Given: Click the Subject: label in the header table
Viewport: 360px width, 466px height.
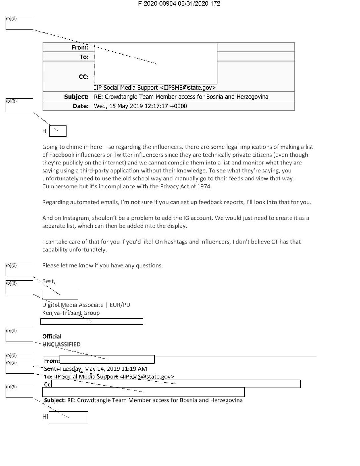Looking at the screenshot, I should tap(76, 97).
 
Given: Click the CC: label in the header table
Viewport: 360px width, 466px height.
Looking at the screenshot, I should tap(84, 77).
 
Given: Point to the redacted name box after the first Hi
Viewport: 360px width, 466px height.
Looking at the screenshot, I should tap(58, 131).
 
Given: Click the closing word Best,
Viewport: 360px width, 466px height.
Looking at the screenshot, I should tap(49, 281).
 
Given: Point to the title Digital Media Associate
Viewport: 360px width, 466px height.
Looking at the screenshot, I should tap(73, 305).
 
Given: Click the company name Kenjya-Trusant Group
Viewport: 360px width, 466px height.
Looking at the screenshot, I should tap(71, 313).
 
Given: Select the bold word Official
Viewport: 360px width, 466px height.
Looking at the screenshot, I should tap(52, 337).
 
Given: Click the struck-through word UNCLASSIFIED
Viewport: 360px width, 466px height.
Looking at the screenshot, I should tap(62, 345).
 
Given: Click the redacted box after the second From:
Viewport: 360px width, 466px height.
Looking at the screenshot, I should tap(107, 359).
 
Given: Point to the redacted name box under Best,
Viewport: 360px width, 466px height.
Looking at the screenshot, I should tap(60, 295).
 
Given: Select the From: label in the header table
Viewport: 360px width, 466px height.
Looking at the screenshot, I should tap(80, 48).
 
